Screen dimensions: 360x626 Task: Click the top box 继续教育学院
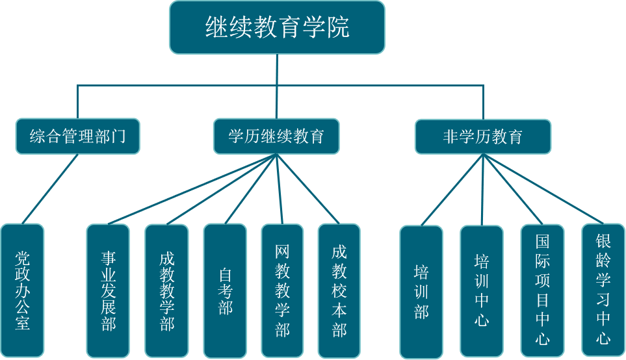coord(277,27)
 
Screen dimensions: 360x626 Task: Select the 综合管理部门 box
coord(77,136)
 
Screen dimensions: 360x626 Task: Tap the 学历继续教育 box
coord(276,136)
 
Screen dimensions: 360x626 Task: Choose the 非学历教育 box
coord(482,136)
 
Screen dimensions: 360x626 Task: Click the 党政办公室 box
coord(23,290)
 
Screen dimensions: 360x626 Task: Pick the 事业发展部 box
coord(109,290)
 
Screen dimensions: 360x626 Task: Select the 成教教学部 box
coord(166,290)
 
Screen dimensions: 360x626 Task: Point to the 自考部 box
coord(225,290)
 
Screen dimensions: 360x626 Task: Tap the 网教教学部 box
coord(282,290)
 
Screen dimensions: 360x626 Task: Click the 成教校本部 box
coord(339,290)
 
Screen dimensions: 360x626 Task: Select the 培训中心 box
coord(482,290)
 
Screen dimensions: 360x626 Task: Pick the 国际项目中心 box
coord(542,290)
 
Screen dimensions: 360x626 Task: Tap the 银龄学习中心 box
coord(603,290)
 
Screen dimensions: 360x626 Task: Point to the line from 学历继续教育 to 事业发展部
coord(189,190)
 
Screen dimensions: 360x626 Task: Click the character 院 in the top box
coord(338,27)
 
